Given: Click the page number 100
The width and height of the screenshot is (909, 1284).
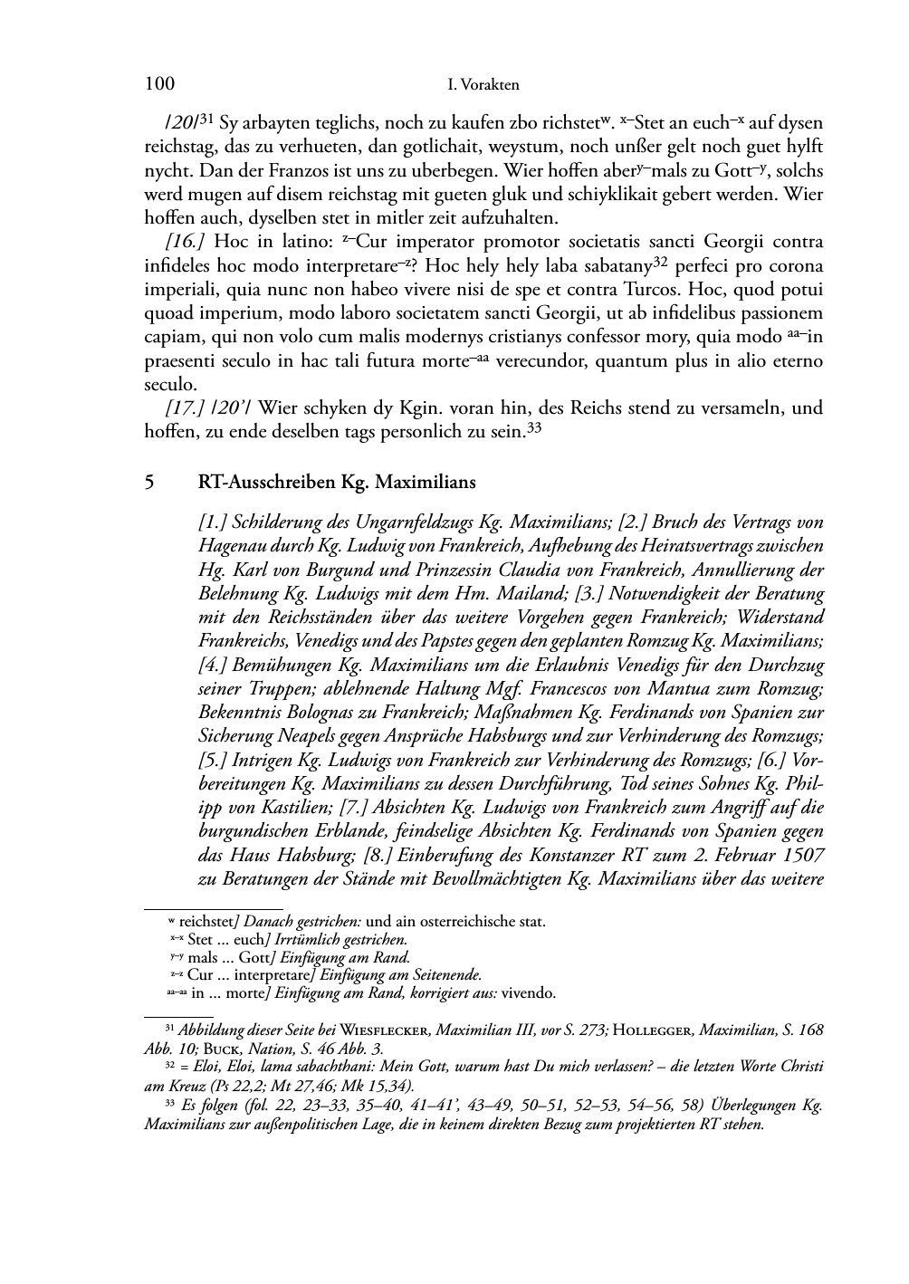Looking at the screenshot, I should click(x=159, y=84).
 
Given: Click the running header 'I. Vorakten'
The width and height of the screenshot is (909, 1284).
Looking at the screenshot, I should click(x=483, y=85).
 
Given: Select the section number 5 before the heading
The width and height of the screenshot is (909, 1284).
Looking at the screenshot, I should click(x=149, y=482).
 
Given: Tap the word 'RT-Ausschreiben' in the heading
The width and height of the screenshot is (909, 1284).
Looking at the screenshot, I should click(x=266, y=482).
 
